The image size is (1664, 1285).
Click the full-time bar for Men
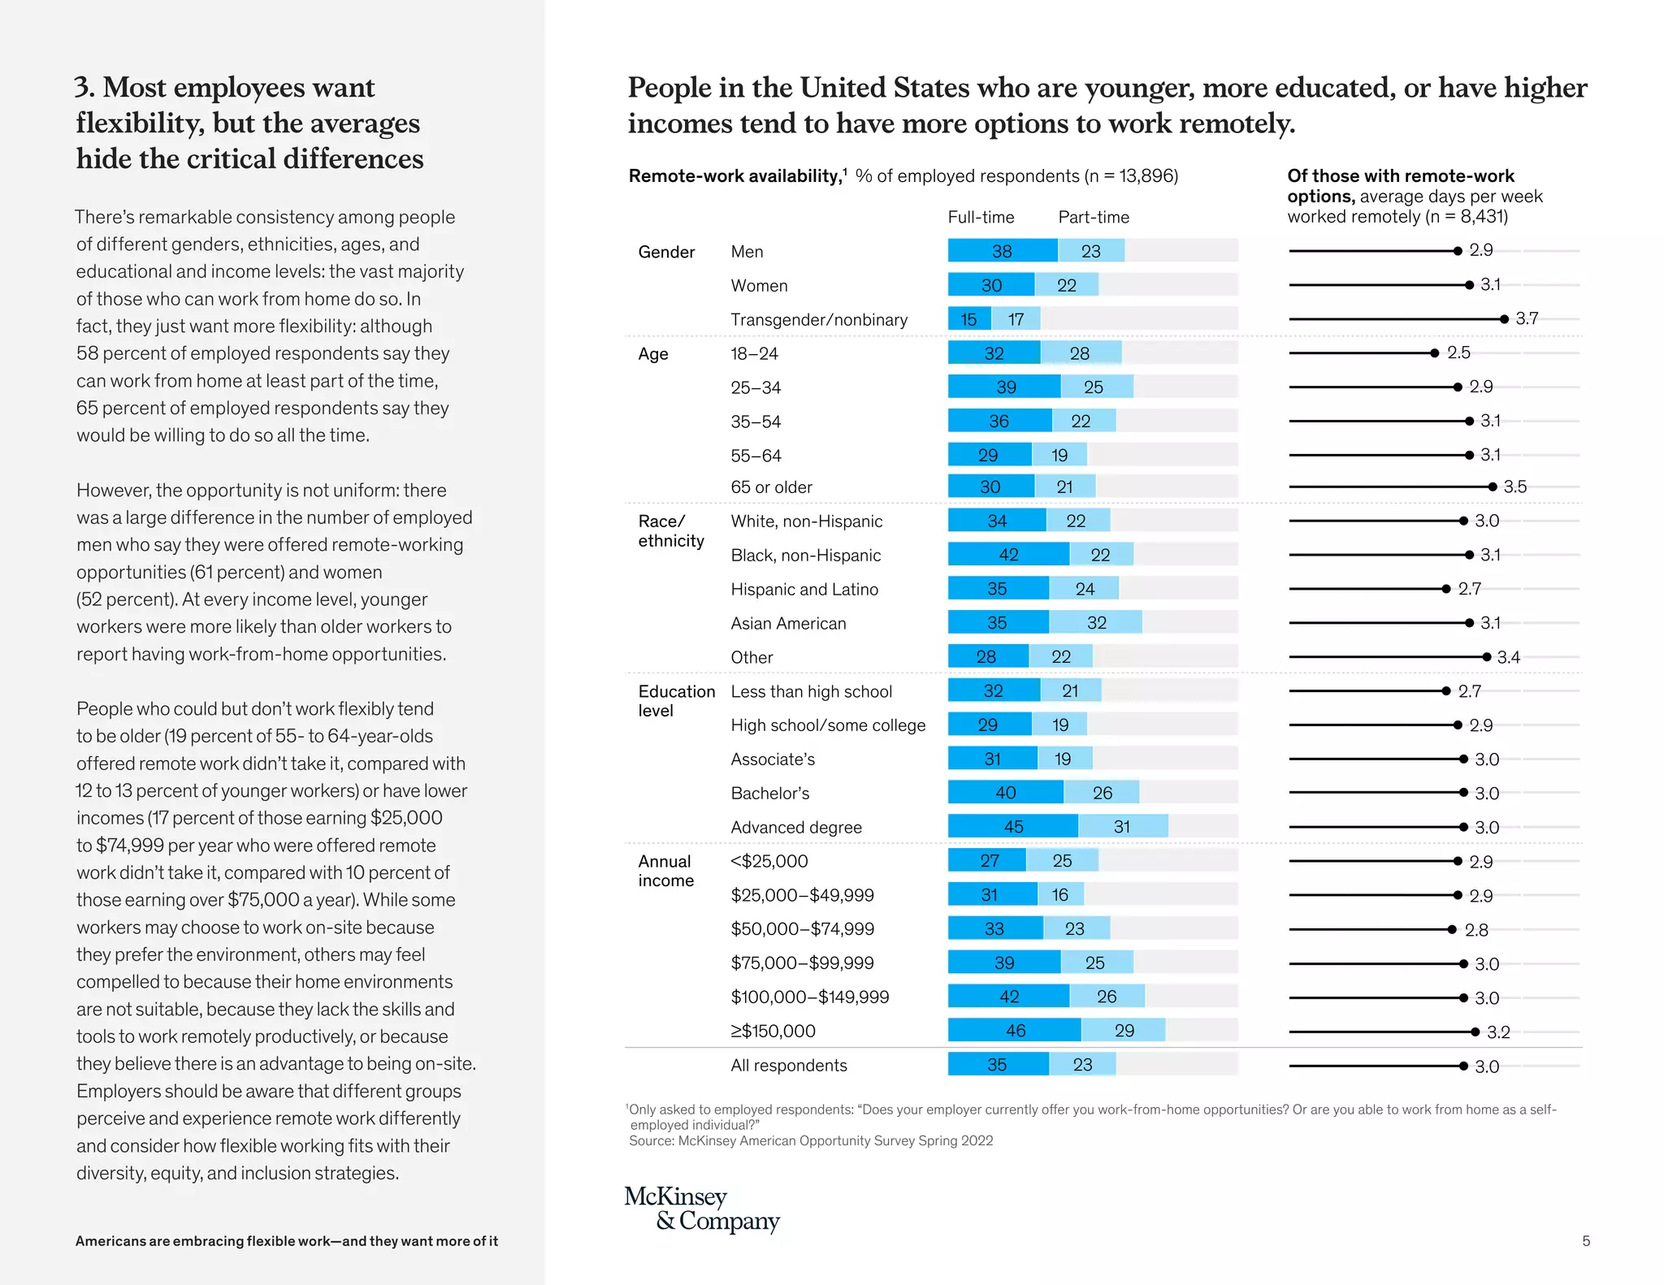1002,251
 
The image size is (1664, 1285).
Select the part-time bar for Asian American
1095,623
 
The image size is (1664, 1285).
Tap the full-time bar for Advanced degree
1012,827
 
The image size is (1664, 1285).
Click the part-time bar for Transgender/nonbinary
1016,319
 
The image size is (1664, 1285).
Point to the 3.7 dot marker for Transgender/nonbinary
1504,319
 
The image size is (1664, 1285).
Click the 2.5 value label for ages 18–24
1458,353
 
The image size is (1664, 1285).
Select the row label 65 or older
771,487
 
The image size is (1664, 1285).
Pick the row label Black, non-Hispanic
805,556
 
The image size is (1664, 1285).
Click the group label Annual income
665,871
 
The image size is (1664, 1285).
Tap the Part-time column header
1093,217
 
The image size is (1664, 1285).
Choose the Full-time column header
981,217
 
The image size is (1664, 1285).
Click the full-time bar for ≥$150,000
1014,1031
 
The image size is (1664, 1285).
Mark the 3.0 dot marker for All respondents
1463,1066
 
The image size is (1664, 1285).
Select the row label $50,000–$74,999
802,929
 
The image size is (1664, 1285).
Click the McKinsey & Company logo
701,1209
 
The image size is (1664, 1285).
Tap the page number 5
1585,1240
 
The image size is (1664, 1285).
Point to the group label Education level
676,701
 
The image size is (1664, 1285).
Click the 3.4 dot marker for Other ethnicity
1486,657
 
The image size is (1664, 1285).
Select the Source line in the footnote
810,1140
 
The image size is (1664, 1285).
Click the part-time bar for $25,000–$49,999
1060,895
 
